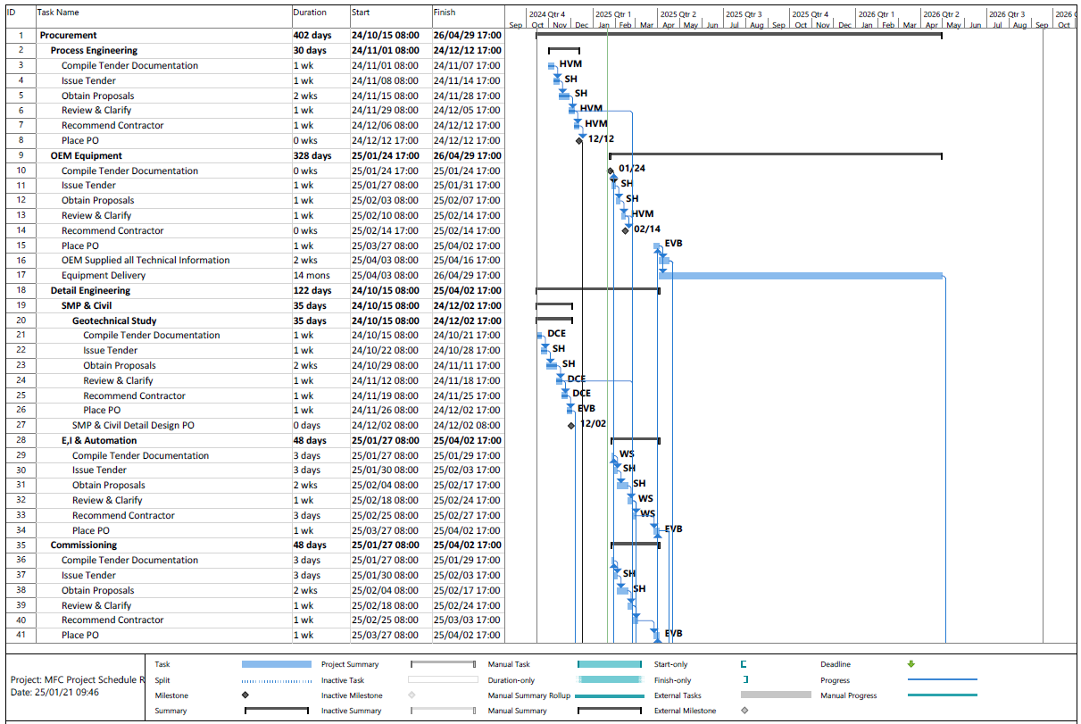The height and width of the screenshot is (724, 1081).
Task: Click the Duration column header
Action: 310,13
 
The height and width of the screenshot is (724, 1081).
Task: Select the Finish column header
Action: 444,13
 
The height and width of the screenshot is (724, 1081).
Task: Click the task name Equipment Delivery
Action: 104,276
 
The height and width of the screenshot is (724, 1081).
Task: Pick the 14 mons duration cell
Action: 312,276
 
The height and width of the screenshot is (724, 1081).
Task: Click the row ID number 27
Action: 21,426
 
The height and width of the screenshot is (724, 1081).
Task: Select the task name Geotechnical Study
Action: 114,320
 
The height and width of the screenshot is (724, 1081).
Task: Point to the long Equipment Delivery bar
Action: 800,276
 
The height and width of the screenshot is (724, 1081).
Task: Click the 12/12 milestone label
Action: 601,139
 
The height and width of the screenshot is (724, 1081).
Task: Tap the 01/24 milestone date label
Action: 631,169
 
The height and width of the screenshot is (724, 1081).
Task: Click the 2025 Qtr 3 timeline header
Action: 747,14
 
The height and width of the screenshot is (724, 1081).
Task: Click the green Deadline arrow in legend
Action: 911,664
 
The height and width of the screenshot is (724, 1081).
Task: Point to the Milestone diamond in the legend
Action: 245,695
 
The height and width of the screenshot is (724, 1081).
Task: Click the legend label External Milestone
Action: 685,712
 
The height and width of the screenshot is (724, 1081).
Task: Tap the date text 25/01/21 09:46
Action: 55,693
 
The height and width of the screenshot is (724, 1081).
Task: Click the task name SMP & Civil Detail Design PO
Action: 133,426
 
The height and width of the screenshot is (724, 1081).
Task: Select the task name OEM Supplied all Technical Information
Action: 146,261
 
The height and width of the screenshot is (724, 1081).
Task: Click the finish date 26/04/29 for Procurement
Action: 467,36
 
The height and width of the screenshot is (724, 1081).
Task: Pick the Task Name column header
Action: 58,13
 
